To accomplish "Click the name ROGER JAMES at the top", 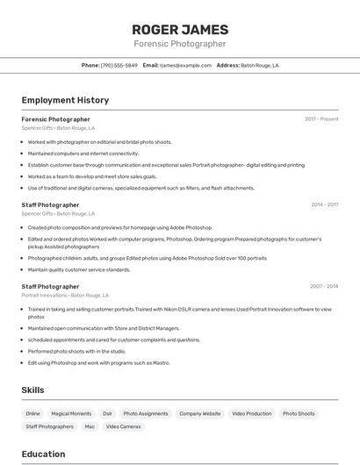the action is tap(180, 29).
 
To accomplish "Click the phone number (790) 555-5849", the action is tap(119, 65).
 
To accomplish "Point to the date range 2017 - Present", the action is tap(321, 118).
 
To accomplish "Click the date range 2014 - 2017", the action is tap(324, 204).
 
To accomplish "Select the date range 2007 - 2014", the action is tap(324, 286).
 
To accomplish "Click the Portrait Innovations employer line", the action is tap(65, 296).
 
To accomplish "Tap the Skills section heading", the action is tap(32, 390).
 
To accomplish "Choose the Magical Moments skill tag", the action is tap(71, 413).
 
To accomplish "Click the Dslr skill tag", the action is tap(107, 413).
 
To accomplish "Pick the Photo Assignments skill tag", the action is tap(146, 413).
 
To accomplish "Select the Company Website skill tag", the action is tap(200, 413).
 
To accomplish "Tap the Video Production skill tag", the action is tap(252, 413).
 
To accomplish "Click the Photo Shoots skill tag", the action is tap(299, 413).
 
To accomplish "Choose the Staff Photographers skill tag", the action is tap(49, 426).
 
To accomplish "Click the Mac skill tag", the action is tap(90, 426).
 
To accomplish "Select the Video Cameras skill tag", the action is tap(124, 426).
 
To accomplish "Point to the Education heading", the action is tap(43, 454).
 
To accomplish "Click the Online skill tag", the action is tap(32, 413).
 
